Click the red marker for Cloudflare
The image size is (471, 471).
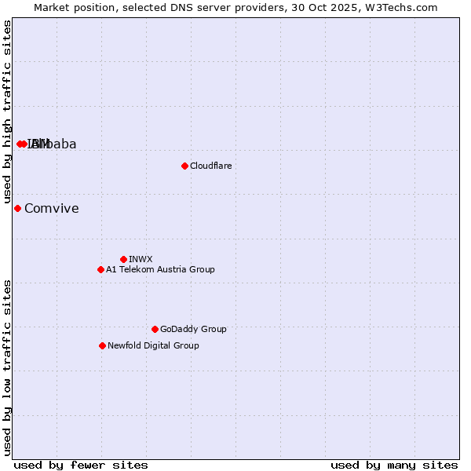coord(184,166)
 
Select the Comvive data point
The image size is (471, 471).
coord(17,208)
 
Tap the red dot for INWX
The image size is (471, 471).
coord(123,259)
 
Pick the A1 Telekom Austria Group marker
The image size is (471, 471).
coord(100,269)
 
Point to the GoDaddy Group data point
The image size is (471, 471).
coord(155,329)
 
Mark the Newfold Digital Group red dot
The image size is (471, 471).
coord(102,345)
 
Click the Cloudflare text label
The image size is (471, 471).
coord(210,166)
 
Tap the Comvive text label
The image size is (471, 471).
coord(51,208)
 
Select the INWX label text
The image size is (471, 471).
coord(141,259)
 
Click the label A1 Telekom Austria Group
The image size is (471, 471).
coord(160,269)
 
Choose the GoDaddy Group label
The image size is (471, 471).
coord(193,329)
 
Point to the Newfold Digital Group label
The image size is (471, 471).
coord(153,345)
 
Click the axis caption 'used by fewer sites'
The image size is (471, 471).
coord(81,465)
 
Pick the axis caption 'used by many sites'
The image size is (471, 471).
coord(394,465)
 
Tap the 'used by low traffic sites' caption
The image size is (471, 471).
coord(7,367)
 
